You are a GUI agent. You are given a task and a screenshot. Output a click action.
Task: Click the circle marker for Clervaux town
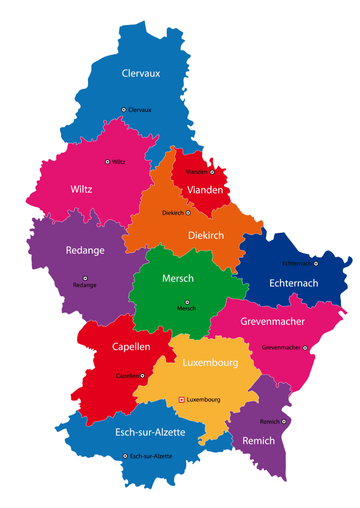click(124, 110)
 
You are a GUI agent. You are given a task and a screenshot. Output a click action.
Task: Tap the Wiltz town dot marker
click(108, 162)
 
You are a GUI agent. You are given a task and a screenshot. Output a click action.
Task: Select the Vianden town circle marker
click(212, 172)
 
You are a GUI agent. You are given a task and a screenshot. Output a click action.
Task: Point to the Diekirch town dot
click(188, 213)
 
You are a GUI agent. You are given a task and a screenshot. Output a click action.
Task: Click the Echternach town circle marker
click(316, 264)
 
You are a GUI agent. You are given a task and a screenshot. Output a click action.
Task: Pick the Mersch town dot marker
click(187, 302)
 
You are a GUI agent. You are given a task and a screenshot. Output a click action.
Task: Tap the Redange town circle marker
click(85, 278)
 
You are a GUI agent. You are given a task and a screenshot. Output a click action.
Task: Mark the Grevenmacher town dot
click(305, 348)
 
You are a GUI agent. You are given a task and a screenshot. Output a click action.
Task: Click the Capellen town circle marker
click(142, 376)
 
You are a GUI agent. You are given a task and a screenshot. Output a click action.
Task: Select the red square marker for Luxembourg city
click(181, 399)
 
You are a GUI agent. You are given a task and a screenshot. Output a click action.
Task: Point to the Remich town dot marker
click(284, 422)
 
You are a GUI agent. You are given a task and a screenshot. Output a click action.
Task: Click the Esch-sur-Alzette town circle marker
click(125, 456)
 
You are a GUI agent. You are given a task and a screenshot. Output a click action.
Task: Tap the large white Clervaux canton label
click(141, 73)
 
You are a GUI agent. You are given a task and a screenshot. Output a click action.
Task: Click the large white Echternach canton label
click(294, 283)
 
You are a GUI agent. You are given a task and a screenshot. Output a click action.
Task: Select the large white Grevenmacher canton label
click(273, 322)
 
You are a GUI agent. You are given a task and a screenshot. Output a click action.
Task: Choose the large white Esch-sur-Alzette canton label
click(150, 432)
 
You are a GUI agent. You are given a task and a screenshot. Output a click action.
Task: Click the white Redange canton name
click(85, 250)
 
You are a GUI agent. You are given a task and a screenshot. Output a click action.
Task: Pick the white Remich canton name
click(259, 441)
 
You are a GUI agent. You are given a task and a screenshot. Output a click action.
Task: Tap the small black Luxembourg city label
click(203, 400)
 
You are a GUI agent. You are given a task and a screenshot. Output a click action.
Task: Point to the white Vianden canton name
click(205, 190)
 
